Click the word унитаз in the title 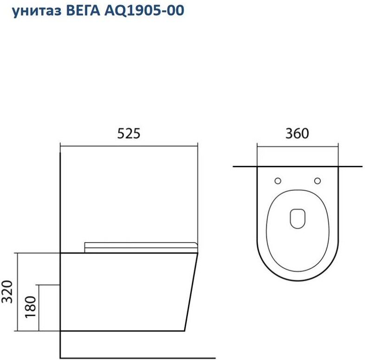point(37,11)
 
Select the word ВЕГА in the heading point(83,10)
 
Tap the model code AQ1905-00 point(144,11)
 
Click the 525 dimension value point(129,133)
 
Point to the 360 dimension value point(297,133)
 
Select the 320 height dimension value point(7,292)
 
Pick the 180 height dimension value point(31,307)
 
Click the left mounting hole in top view point(278,181)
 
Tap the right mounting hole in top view point(318,181)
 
